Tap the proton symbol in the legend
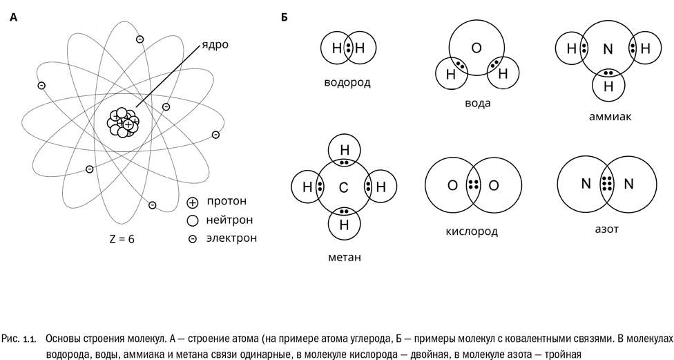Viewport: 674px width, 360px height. coord(193,202)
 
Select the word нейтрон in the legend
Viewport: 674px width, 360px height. coord(229,220)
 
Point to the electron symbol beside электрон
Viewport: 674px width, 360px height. coord(193,238)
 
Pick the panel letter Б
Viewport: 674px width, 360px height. coord(284,17)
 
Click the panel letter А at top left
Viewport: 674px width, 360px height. coord(13,17)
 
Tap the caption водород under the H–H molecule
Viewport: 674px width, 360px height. coord(347,82)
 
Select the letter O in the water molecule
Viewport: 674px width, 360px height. coord(476,48)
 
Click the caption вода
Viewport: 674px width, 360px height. coord(478,103)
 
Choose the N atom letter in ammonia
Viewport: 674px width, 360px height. coord(608,49)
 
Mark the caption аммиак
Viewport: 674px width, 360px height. coord(610,116)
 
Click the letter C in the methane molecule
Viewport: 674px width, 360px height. coord(343,187)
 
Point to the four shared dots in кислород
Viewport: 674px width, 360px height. coord(473,185)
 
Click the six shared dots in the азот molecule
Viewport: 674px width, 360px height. coord(607,184)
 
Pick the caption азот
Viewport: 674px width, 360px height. coord(605,227)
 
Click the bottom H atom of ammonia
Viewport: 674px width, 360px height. coord(608,86)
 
